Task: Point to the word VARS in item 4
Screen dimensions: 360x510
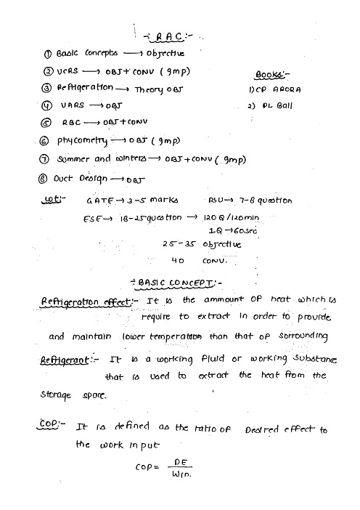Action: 73,106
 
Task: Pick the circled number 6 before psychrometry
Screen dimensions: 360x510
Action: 44,141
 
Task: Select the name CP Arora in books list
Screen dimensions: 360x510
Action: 279,90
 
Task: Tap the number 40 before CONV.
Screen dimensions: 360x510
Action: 178,259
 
